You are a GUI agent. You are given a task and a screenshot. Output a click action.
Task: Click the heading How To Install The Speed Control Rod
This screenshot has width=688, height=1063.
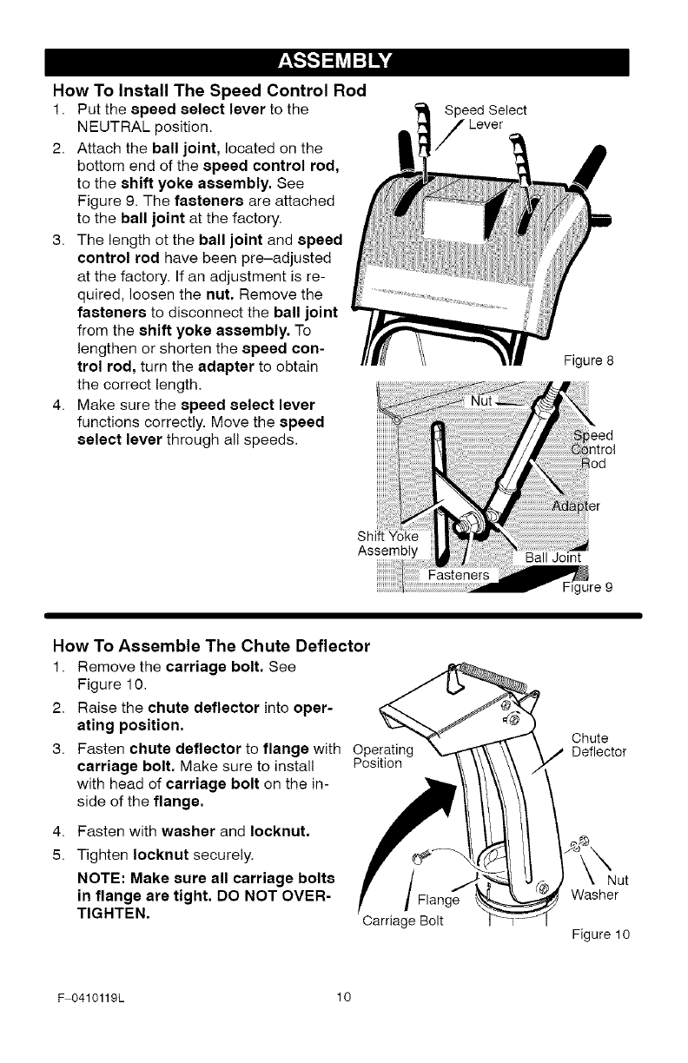pyautogui.click(x=209, y=90)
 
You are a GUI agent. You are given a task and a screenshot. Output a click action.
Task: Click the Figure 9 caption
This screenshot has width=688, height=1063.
pyautogui.click(x=590, y=586)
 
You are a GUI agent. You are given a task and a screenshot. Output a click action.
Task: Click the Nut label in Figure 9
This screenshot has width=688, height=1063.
pyautogui.click(x=480, y=402)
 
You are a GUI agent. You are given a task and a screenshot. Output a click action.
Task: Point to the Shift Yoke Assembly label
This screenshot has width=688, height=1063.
pyautogui.click(x=387, y=543)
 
